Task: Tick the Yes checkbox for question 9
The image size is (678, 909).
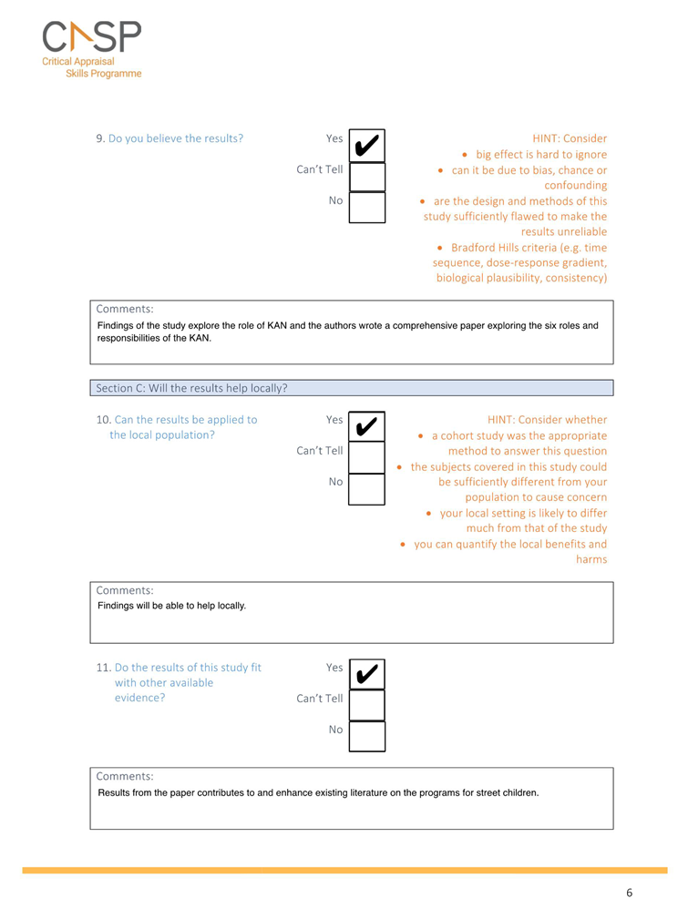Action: pyautogui.click(x=367, y=146)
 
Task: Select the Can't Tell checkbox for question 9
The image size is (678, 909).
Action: pyautogui.click(x=367, y=177)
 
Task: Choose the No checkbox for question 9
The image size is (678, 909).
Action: pyautogui.click(x=367, y=207)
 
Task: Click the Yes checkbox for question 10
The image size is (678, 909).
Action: pyautogui.click(x=367, y=427)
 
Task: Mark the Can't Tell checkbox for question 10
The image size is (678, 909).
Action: pyautogui.click(x=367, y=458)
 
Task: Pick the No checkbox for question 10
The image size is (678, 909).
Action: pyautogui.click(x=367, y=488)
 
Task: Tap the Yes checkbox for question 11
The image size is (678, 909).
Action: pyautogui.click(x=367, y=675)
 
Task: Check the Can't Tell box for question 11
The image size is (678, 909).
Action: pyautogui.click(x=367, y=706)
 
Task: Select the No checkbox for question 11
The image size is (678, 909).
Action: pyautogui.click(x=367, y=736)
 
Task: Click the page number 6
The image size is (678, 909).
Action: pyautogui.click(x=629, y=892)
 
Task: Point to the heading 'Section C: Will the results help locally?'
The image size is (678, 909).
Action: pyautogui.click(x=191, y=388)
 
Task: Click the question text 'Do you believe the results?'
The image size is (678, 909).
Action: pyautogui.click(x=175, y=138)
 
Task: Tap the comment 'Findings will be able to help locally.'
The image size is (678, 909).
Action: pyautogui.click(x=171, y=606)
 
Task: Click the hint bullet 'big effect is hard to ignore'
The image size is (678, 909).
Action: pyautogui.click(x=540, y=155)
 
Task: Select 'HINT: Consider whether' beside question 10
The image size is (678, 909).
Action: pyautogui.click(x=547, y=420)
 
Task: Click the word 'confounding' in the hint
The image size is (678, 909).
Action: pyautogui.click(x=575, y=186)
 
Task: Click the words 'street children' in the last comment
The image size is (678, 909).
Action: pyautogui.click(x=506, y=792)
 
